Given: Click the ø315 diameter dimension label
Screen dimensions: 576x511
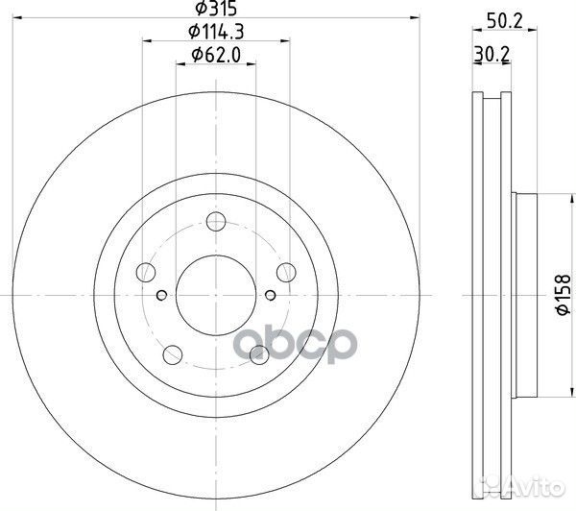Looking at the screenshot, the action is click(216, 8).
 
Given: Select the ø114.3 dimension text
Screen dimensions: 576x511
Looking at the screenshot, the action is click(216, 32).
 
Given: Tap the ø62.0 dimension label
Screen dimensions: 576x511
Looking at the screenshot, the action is click(216, 55).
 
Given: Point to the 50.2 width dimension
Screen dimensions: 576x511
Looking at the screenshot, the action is click(504, 21).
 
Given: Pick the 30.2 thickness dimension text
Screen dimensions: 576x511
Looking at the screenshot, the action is click(492, 55).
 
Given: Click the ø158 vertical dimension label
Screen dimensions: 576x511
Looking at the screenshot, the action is click(564, 295).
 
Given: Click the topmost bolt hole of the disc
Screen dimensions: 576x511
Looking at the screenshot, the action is click(216, 221).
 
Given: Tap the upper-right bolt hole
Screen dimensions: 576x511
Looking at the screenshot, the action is click(286, 273).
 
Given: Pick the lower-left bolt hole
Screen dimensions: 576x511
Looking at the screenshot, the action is click(172, 354).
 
